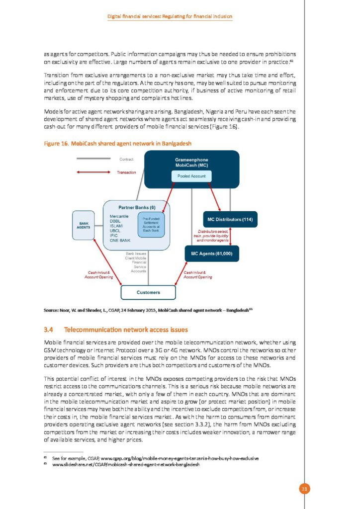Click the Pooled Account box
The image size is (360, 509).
(192, 176)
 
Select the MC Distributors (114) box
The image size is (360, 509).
(229, 219)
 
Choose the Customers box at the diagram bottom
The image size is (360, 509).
(148, 292)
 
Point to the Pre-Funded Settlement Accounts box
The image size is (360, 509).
(150, 225)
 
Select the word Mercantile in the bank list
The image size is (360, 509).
(119, 216)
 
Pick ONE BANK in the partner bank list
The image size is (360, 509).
(120, 241)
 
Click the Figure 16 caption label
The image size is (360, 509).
(117, 144)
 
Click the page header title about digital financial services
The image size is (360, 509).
(170, 17)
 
